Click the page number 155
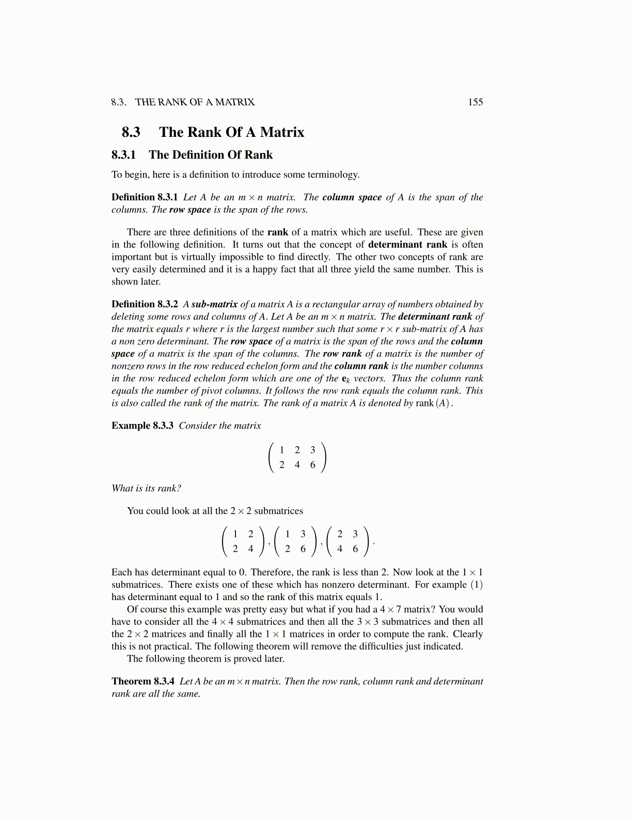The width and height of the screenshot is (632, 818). [475, 102]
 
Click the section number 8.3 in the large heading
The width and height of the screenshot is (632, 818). [131, 132]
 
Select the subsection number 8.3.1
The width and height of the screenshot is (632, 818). [123, 155]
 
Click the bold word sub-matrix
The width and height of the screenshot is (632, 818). [214, 304]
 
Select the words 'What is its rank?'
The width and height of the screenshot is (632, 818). [146, 488]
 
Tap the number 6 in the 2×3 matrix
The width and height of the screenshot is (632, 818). [313, 465]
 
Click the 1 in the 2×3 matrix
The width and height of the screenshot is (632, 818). [282, 450]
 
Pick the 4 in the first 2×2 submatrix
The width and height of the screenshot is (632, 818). [251, 549]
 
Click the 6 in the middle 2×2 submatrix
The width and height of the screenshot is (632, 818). [303, 549]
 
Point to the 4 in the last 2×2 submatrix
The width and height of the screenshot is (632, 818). [340, 549]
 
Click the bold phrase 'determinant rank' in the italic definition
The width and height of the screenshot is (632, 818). [435, 317]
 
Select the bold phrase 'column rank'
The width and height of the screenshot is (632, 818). [361, 366]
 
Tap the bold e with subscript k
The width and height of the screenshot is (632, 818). [346, 379]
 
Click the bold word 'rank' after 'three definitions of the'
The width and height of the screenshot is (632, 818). [278, 232]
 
